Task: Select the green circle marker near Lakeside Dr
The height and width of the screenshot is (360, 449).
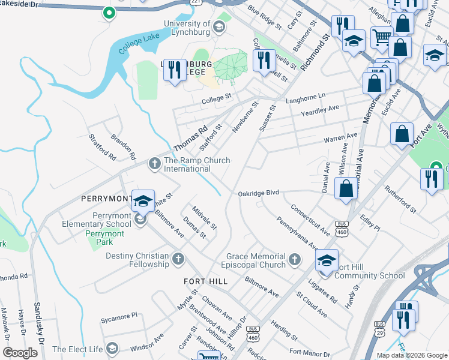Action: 109,12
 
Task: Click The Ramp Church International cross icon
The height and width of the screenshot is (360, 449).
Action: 154,162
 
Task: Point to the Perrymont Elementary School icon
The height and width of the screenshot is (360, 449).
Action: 140,219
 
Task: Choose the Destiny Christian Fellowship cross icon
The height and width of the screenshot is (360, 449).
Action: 178,259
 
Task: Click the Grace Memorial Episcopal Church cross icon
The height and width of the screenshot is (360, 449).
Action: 294,259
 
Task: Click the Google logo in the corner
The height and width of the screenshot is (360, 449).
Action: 20,353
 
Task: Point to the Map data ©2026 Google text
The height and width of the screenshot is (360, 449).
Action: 412,355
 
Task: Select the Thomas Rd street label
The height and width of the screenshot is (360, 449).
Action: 190,137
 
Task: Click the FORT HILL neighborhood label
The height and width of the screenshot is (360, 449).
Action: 206,281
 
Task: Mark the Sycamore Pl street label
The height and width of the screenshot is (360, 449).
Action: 119,314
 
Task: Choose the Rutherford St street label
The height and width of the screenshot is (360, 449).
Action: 400,201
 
